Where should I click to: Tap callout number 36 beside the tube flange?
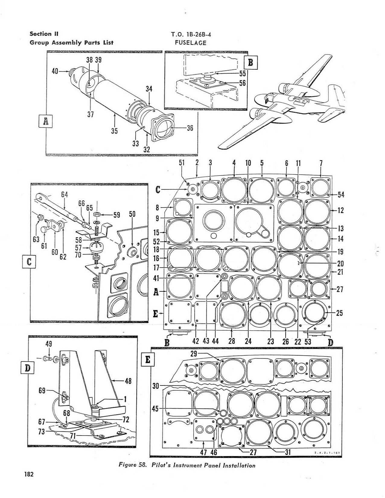(x=190, y=128)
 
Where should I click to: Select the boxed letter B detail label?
(x=251, y=63)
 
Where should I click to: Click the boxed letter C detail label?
(x=29, y=261)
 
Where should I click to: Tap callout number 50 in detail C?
(x=132, y=214)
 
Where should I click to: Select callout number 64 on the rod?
(x=64, y=195)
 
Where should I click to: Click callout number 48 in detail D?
(x=128, y=381)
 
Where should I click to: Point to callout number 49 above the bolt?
(x=49, y=344)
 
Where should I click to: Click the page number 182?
(x=29, y=474)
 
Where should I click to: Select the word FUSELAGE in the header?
(x=191, y=43)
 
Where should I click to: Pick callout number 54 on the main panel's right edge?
(x=341, y=195)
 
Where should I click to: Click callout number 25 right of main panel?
(x=339, y=313)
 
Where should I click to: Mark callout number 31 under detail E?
(x=288, y=452)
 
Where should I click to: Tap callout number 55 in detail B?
(x=243, y=73)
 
